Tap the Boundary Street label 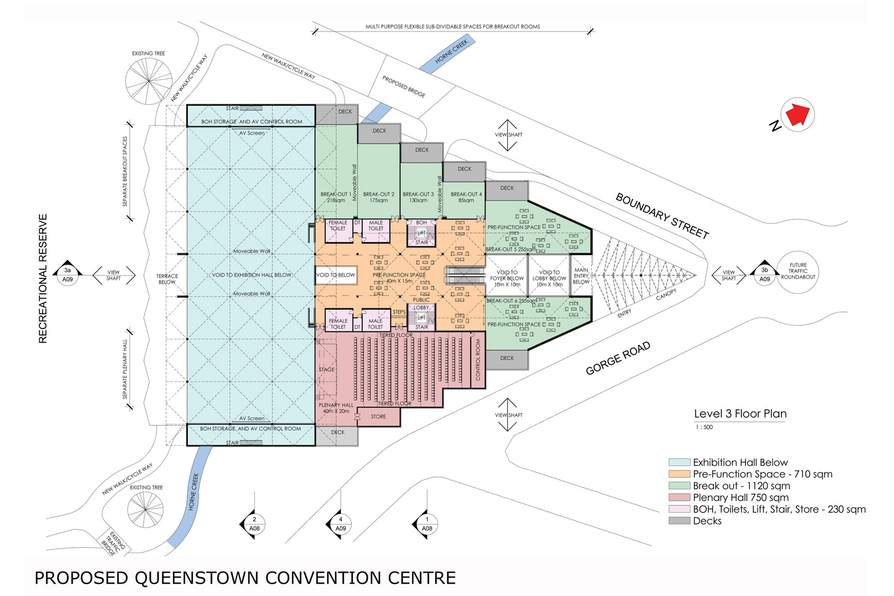click(x=662, y=216)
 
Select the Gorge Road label click(x=617, y=358)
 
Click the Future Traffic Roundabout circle click(x=797, y=271)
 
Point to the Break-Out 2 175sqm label click(x=378, y=197)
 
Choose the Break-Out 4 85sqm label click(x=466, y=197)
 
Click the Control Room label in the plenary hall click(x=477, y=360)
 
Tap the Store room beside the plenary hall click(x=378, y=417)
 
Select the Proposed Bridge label click(x=403, y=86)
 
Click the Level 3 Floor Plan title click(x=740, y=414)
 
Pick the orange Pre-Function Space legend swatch click(x=679, y=474)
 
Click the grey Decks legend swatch click(x=679, y=521)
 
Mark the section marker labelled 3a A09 click(x=67, y=275)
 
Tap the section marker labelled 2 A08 click(x=254, y=524)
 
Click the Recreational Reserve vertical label click(x=43, y=278)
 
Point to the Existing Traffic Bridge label click(x=113, y=543)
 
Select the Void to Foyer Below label click(x=507, y=278)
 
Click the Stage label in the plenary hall click(x=327, y=370)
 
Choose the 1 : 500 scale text click(x=704, y=427)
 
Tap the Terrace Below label click(x=167, y=279)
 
